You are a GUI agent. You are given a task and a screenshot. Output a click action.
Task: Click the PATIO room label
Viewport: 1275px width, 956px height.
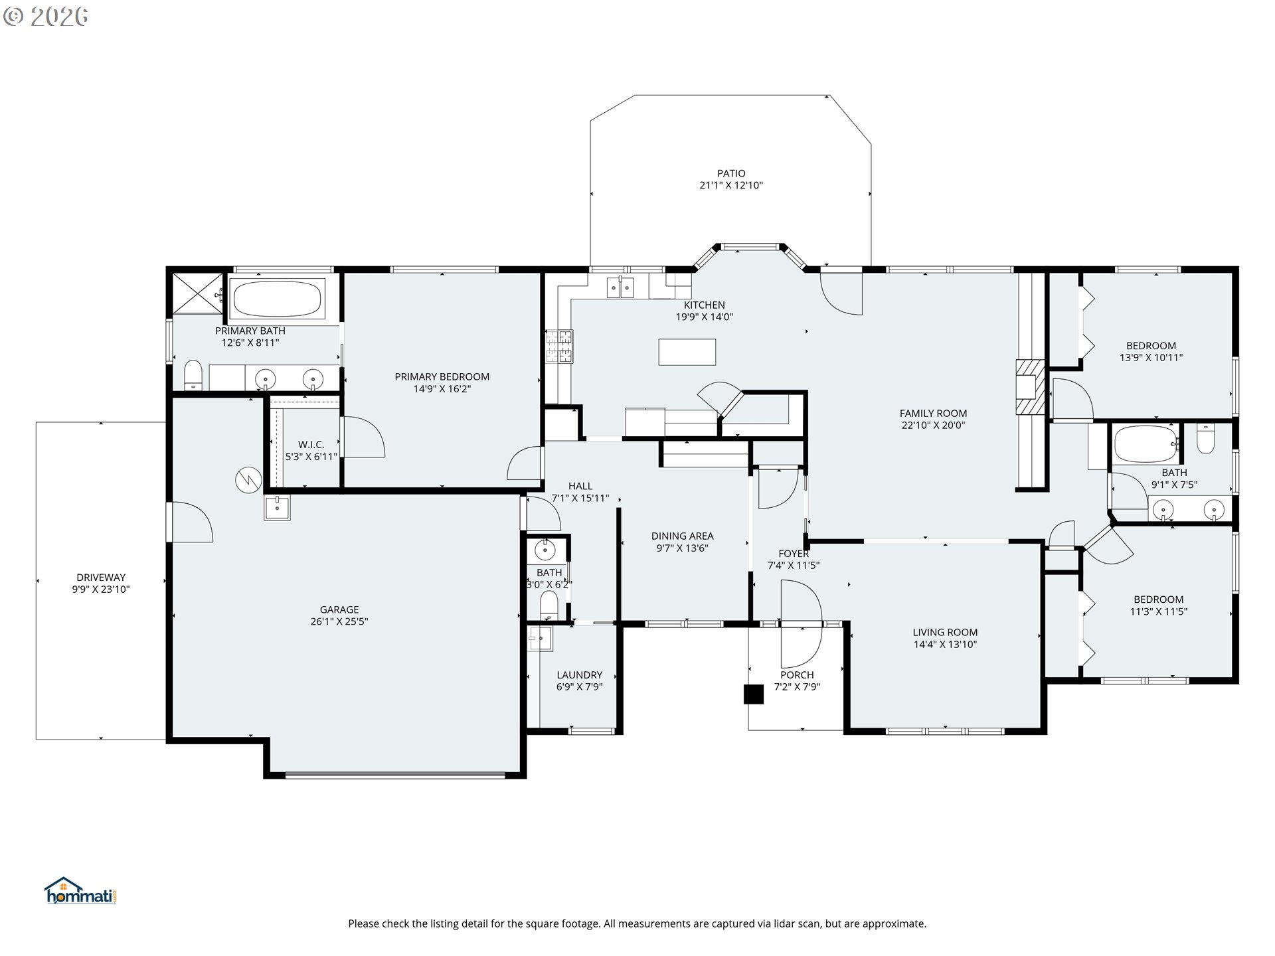(x=730, y=173)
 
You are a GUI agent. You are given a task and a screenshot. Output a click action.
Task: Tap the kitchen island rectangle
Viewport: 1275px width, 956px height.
(x=687, y=352)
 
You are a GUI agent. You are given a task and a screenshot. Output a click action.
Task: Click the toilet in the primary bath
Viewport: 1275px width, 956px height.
(x=193, y=375)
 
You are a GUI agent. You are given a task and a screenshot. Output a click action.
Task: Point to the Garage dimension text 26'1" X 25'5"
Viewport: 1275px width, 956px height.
(x=339, y=621)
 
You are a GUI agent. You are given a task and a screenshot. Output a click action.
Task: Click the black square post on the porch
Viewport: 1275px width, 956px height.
(x=753, y=694)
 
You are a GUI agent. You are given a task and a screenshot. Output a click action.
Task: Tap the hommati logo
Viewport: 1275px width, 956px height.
(x=80, y=892)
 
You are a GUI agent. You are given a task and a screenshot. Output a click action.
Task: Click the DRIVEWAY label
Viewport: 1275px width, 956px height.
(x=100, y=578)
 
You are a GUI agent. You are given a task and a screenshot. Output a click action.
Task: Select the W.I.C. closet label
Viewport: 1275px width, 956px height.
(x=311, y=444)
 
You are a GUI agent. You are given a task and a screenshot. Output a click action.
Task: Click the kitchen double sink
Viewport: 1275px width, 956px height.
(x=620, y=287)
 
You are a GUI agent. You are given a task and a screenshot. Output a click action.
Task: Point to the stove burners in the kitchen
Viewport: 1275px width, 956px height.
(x=558, y=347)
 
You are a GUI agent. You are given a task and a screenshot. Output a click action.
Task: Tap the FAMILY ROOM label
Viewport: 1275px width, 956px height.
(x=933, y=413)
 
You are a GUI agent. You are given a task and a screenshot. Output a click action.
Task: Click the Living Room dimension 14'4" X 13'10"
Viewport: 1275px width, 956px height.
(x=944, y=644)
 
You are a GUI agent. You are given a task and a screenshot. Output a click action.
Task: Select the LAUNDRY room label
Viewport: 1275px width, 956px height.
(x=579, y=675)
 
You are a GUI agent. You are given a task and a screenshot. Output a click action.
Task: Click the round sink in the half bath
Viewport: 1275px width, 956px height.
(x=545, y=549)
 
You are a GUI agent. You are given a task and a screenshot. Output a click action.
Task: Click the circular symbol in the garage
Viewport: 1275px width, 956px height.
(x=248, y=480)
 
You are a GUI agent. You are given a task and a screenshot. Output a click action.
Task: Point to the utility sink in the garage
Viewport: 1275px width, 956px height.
(x=277, y=508)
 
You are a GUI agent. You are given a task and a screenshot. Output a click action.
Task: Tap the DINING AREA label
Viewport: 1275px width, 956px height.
(x=682, y=536)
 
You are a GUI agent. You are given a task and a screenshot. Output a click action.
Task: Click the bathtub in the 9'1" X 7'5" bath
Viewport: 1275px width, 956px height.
(x=1145, y=443)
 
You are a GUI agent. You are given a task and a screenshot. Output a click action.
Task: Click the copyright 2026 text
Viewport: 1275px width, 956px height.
(x=45, y=17)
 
